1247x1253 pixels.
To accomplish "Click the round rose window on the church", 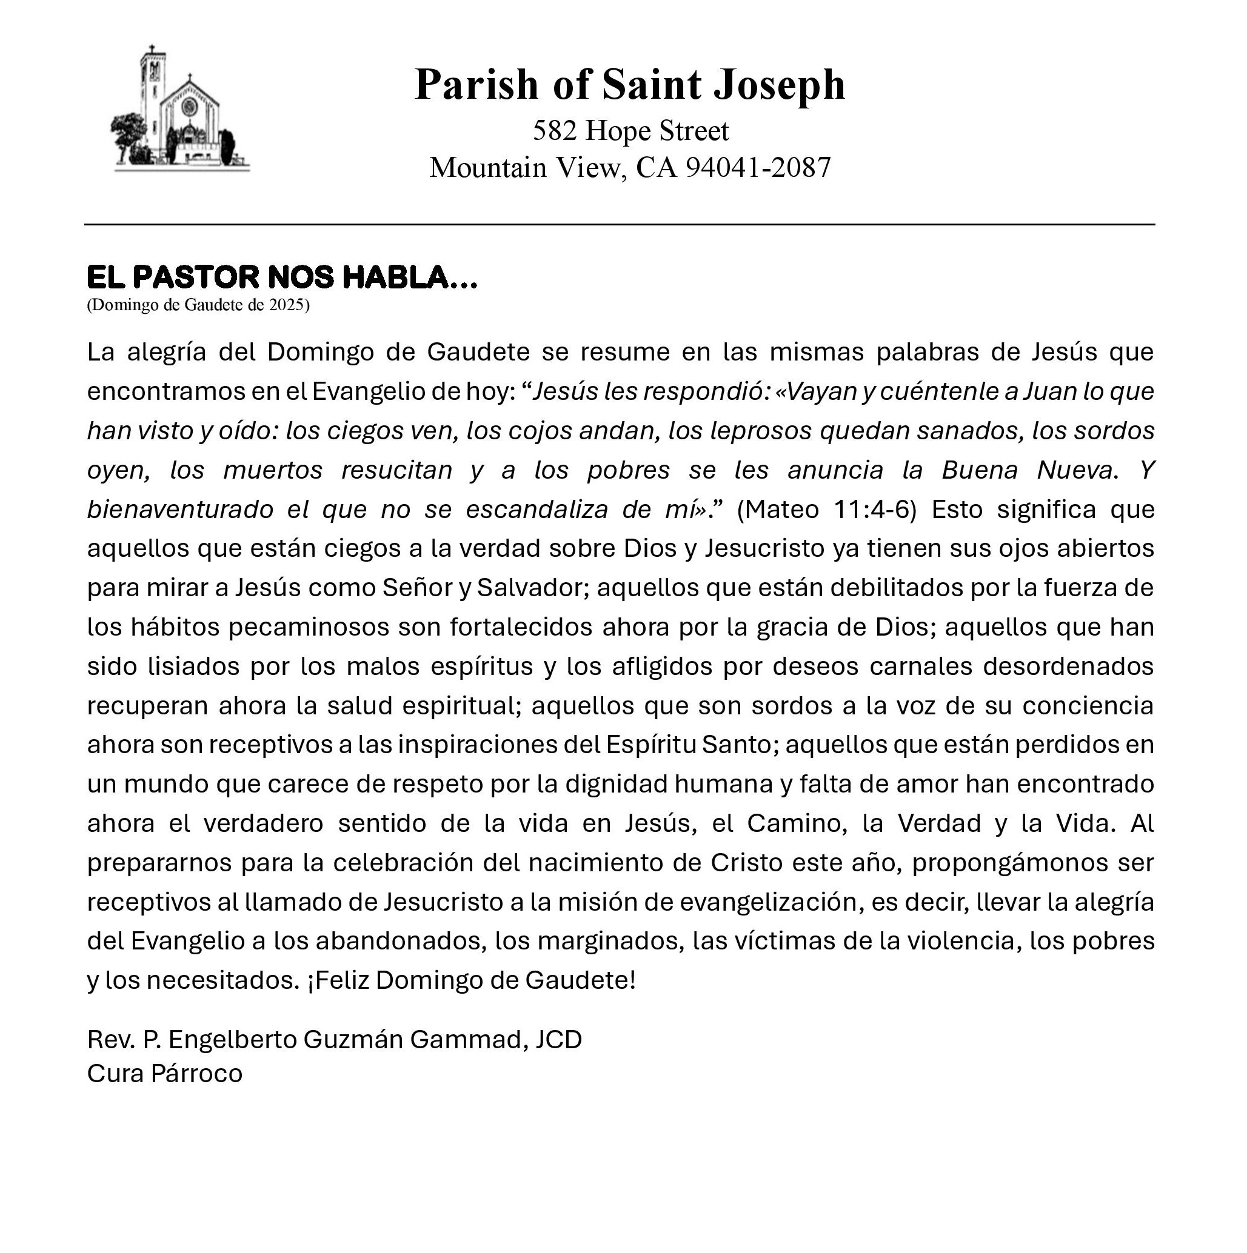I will [x=190, y=107].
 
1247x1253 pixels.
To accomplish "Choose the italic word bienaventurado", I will [x=179, y=510].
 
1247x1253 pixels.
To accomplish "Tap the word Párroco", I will [x=196, y=1074].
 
